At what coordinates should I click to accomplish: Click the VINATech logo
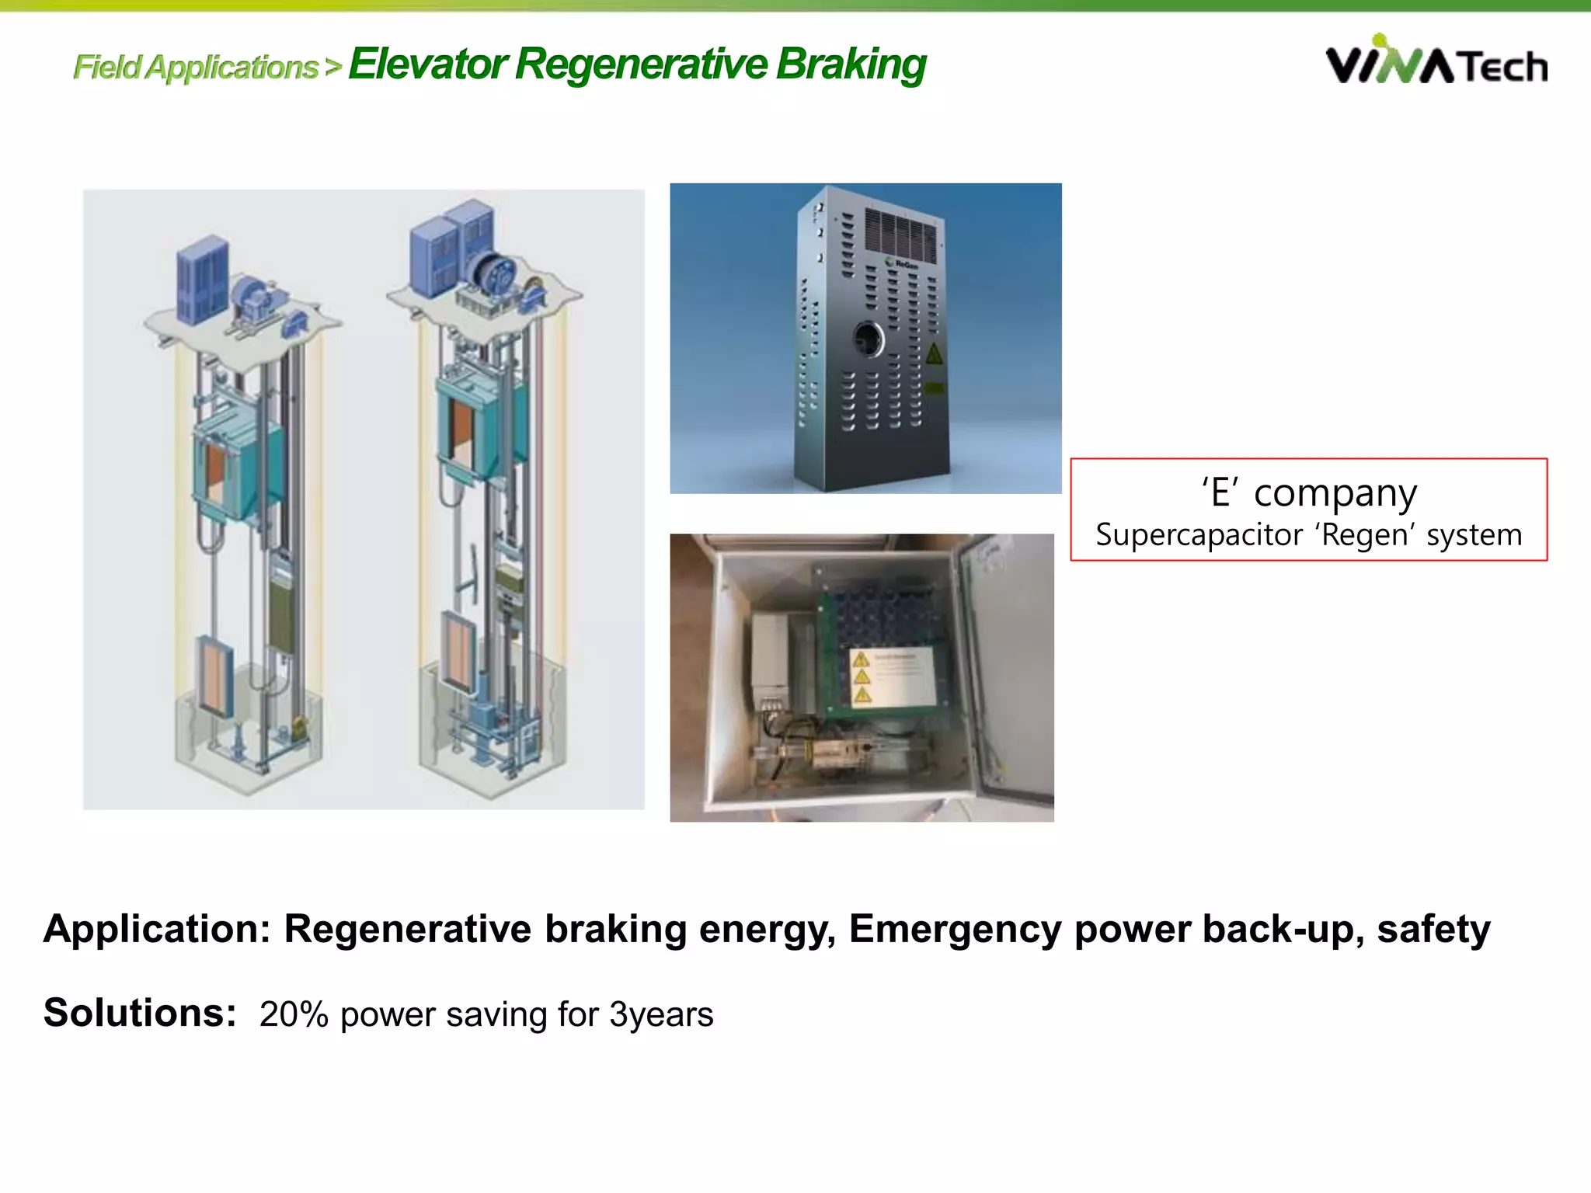[1436, 62]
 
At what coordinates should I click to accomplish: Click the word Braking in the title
[851, 64]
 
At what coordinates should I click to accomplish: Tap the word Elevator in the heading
[428, 64]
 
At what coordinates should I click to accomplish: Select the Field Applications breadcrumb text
[196, 68]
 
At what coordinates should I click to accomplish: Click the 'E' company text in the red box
[1309, 492]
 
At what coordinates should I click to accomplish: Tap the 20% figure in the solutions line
[294, 1014]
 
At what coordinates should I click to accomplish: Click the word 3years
[660, 1014]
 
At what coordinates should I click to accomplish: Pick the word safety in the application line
[1433, 929]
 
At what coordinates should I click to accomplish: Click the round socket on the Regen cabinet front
[868, 339]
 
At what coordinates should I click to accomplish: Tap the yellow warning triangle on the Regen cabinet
[934, 354]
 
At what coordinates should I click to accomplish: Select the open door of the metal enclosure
[1006, 668]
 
